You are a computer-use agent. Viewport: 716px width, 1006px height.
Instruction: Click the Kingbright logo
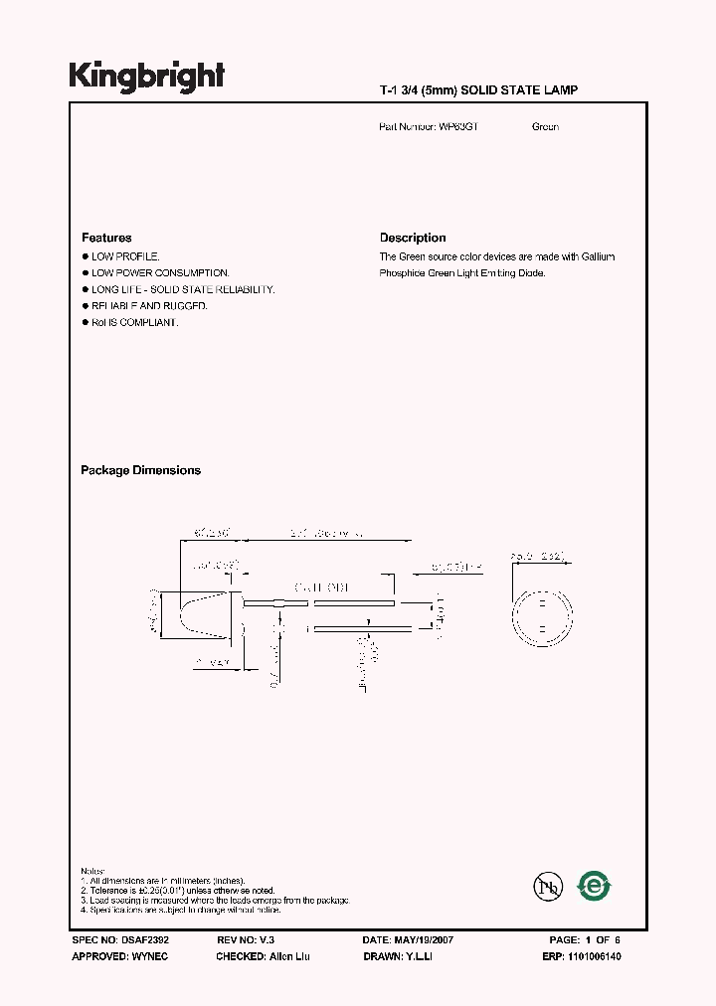(x=147, y=78)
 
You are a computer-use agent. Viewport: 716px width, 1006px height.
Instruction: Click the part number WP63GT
(x=458, y=127)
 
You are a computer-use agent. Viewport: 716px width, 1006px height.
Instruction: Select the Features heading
(x=106, y=238)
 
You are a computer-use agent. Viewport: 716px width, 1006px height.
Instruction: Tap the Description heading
(x=413, y=238)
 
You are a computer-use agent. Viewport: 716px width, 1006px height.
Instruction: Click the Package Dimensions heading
(x=140, y=470)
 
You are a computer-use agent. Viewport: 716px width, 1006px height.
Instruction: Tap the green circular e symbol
(x=595, y=884)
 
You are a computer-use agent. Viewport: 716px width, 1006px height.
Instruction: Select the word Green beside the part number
(x=545, y=127)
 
